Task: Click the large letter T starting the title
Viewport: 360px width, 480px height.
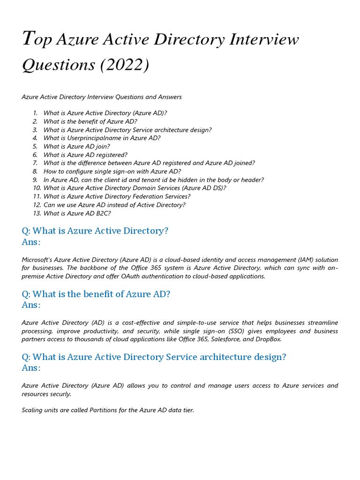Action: click(x=29, y=38)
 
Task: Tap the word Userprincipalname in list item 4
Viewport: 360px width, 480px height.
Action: click(x=94, y=138)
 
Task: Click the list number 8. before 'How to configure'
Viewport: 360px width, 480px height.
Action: click(x=35, y=172)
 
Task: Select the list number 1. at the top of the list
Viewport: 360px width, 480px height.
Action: click(x=35, y=113)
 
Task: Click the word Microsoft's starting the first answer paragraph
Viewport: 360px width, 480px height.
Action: click(x=38, y=260)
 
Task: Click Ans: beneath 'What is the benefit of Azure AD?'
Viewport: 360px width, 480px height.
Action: click(x=31, y=305)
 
